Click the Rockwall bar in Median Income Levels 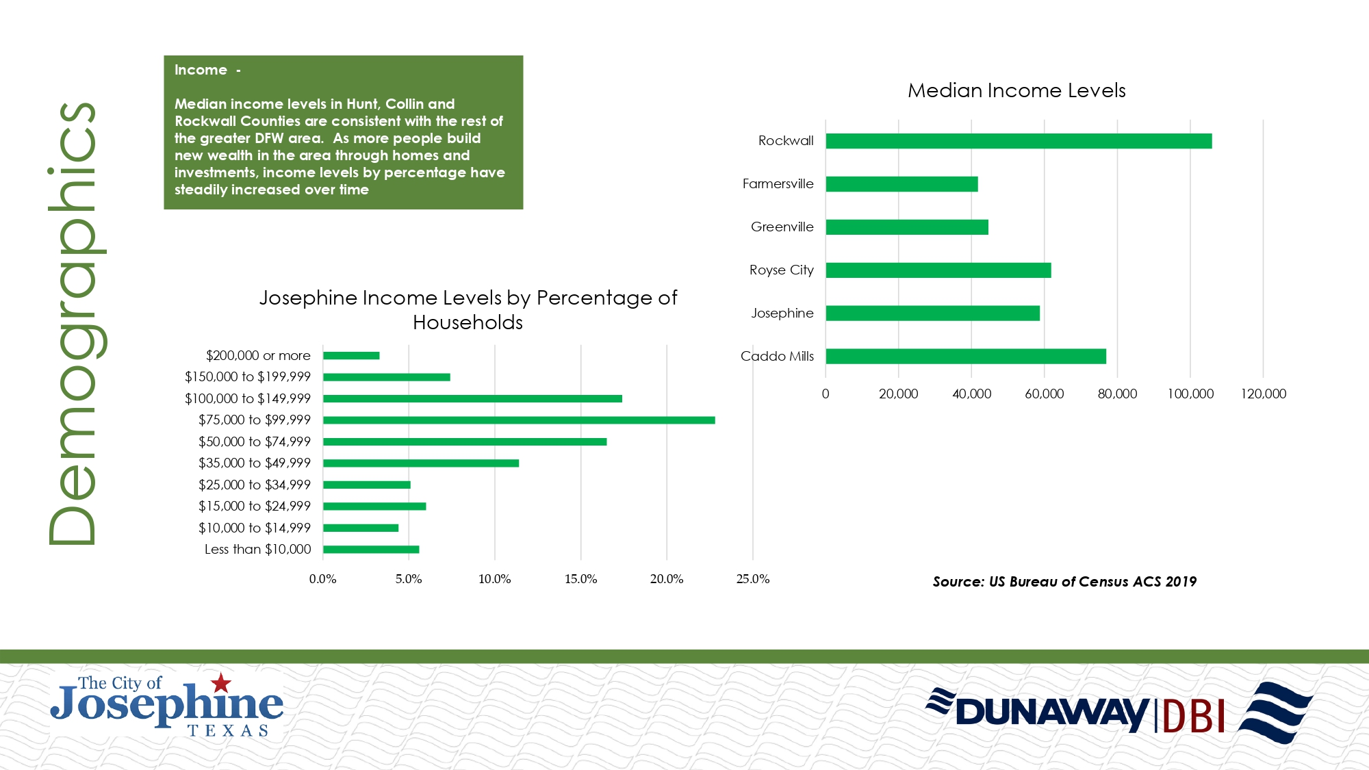[x=1019, y=141]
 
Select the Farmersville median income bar [x=901, y=184]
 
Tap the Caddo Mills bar [x=965, y=357]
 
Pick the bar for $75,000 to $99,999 [x=519, y=420]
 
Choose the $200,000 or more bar [x=351, y=356]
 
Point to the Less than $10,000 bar [x=371, y=550]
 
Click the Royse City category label [x=781, y=270]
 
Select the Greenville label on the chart [x=782, y=227]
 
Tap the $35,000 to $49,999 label [x=254, y=463]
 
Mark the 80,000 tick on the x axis [x=1117, y=394]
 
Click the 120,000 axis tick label [x=1263, y=394]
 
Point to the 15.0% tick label [x=580, y=579]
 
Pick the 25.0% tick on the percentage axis [x=752, y=579]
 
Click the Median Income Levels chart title [x=1016, y=90]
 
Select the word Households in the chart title [x=468, y=322]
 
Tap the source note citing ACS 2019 [x=1064, y=582]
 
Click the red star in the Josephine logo [x=221, y=682]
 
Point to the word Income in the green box [x=201, y=70]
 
